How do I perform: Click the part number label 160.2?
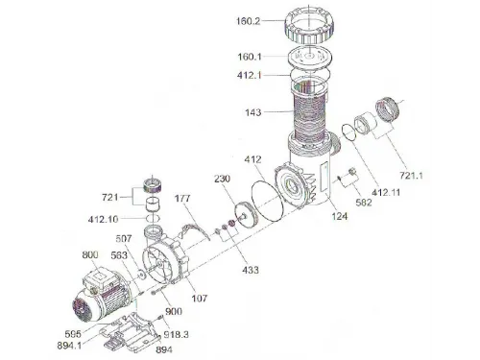pos(249,21)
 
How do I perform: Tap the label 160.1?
pos(250,57)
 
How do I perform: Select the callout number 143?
pos(253,112)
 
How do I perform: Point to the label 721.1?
pos(411,176)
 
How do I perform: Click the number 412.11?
pos(386,192)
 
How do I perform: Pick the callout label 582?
pos(364,203)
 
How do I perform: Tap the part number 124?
pos(339,216)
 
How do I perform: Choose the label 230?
pos(222,179)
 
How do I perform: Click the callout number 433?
pos(250,270)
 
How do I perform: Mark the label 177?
pos(182,199)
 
